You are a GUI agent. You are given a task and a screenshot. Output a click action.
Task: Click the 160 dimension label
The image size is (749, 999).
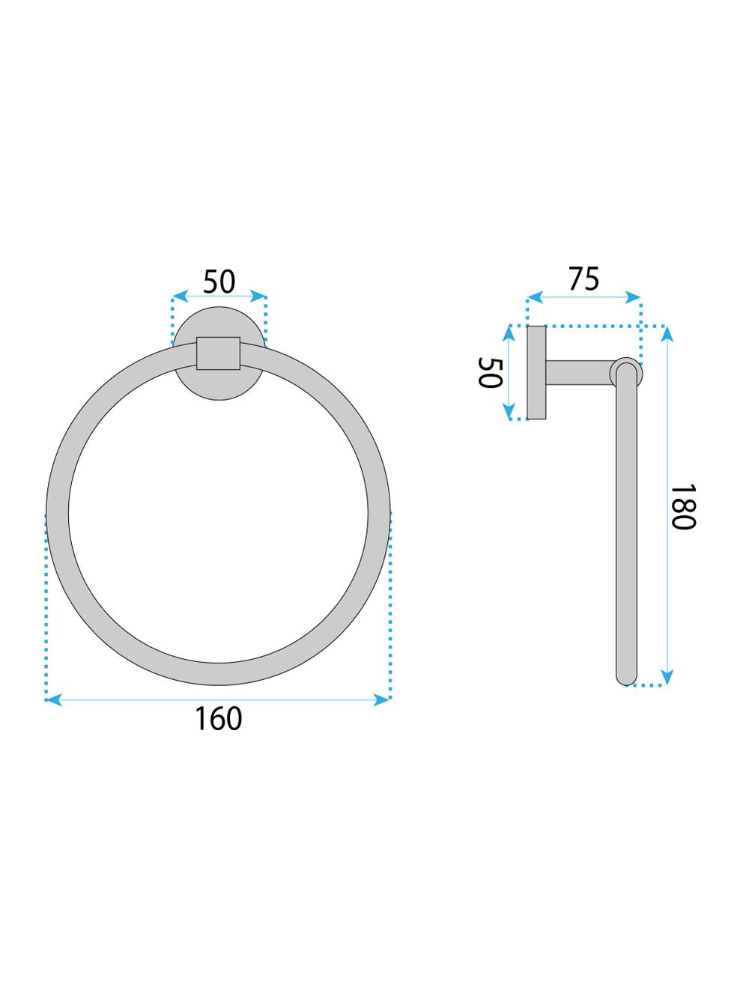point(219,719)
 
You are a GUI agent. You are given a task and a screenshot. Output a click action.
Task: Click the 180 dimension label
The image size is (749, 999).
point(683,506)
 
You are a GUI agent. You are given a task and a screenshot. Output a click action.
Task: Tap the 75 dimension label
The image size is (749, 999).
point(583,279)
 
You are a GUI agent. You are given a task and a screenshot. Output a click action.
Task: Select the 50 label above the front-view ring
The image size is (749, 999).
point(219,282)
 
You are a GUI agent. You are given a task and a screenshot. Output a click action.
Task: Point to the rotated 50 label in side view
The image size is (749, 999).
point(489,372)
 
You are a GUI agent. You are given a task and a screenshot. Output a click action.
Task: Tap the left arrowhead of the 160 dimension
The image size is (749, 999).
point(52,699)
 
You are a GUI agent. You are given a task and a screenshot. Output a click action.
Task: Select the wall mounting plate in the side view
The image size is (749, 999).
point(536,372)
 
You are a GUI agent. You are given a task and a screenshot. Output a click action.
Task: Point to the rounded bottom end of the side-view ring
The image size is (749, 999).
point(625,678)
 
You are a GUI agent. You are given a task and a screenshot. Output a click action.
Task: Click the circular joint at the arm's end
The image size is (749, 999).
point(625,372)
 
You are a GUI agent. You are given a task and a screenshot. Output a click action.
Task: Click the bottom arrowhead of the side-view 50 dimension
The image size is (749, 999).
point(509,413)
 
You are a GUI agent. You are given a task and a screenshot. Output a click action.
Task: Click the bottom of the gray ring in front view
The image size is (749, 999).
point(218,674)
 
